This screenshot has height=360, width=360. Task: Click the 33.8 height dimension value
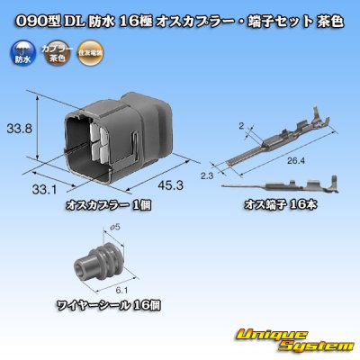point(20,128)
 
